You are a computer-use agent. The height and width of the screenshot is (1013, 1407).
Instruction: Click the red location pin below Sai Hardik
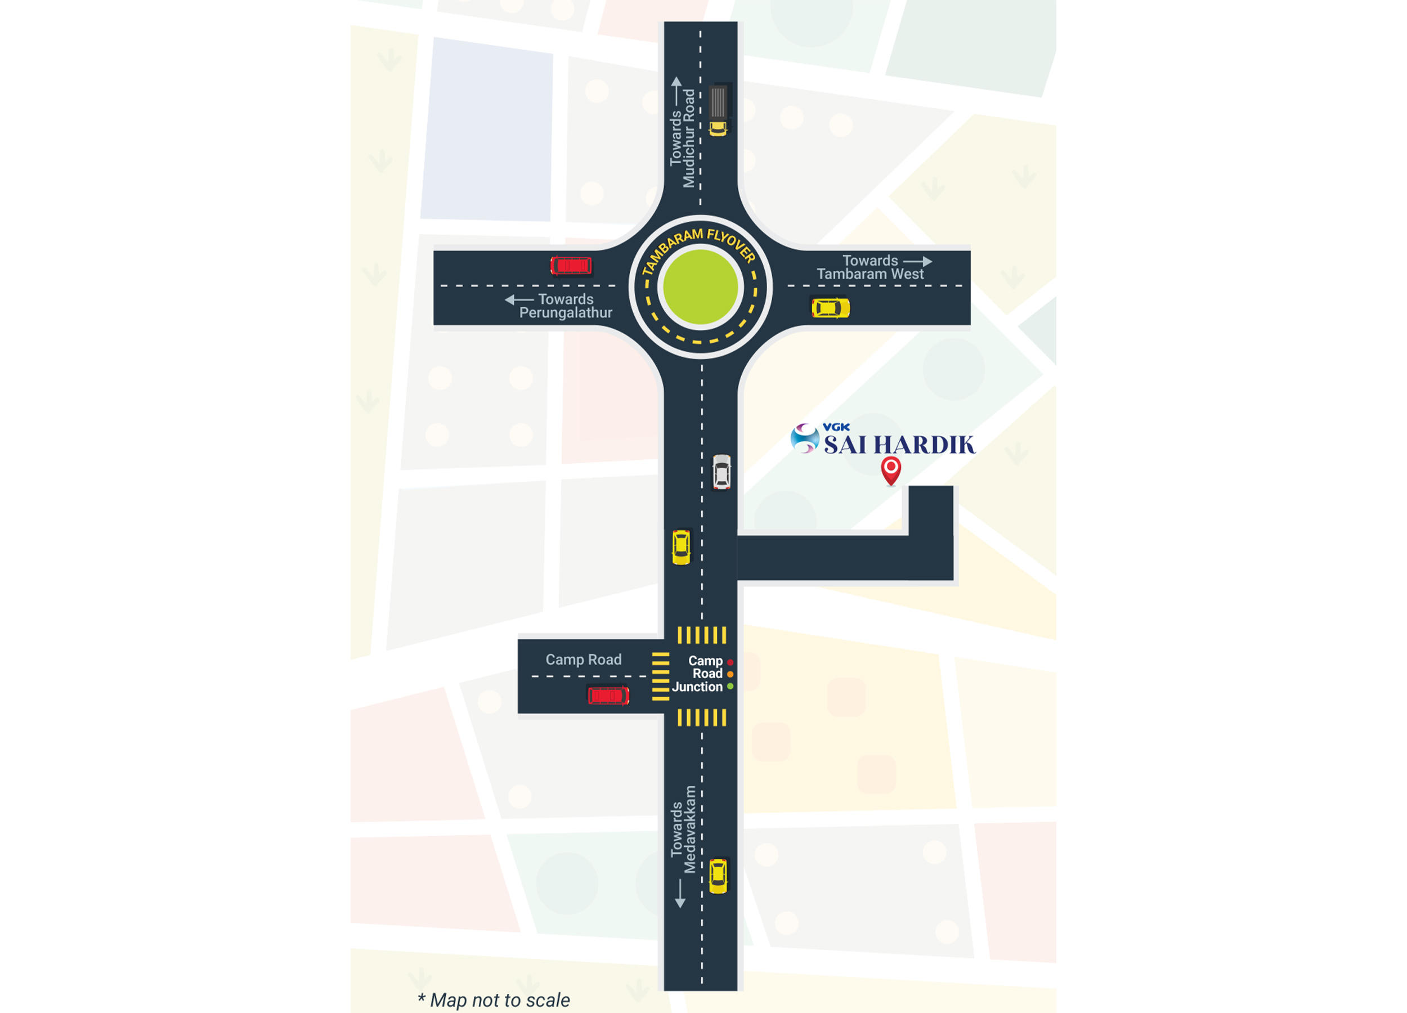tap(891, 469)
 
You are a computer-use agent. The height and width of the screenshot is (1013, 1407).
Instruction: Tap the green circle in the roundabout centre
tap(700, 286)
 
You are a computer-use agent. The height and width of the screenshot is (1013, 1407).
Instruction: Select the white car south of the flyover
tap(722, 472)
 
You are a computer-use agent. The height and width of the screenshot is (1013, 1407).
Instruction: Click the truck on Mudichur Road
tap(718, 109)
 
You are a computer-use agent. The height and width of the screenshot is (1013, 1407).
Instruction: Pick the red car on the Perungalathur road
tap(571, 266)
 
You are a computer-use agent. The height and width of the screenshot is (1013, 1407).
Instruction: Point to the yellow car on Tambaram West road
tap(831, 308)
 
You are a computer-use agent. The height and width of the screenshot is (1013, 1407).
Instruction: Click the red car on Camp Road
tap(608, 696)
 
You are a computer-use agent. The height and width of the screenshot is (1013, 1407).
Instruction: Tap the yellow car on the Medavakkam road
tap(718, 875)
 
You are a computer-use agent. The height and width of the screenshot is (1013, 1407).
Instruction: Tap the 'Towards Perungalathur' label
tap(564, 306)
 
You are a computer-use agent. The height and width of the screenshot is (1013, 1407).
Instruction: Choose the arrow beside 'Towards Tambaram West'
tap(917, 261)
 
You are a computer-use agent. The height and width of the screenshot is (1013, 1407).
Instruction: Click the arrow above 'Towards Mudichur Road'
tap(676, 87)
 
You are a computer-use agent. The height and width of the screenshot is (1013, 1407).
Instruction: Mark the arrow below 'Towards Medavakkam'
tap(680, 894)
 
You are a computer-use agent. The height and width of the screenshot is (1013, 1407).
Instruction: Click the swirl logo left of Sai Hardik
tap(805, 438)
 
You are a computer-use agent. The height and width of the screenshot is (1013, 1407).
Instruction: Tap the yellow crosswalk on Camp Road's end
tap(661, 676)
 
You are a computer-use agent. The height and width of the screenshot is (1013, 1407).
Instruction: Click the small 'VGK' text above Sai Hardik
tap(836, 427)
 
